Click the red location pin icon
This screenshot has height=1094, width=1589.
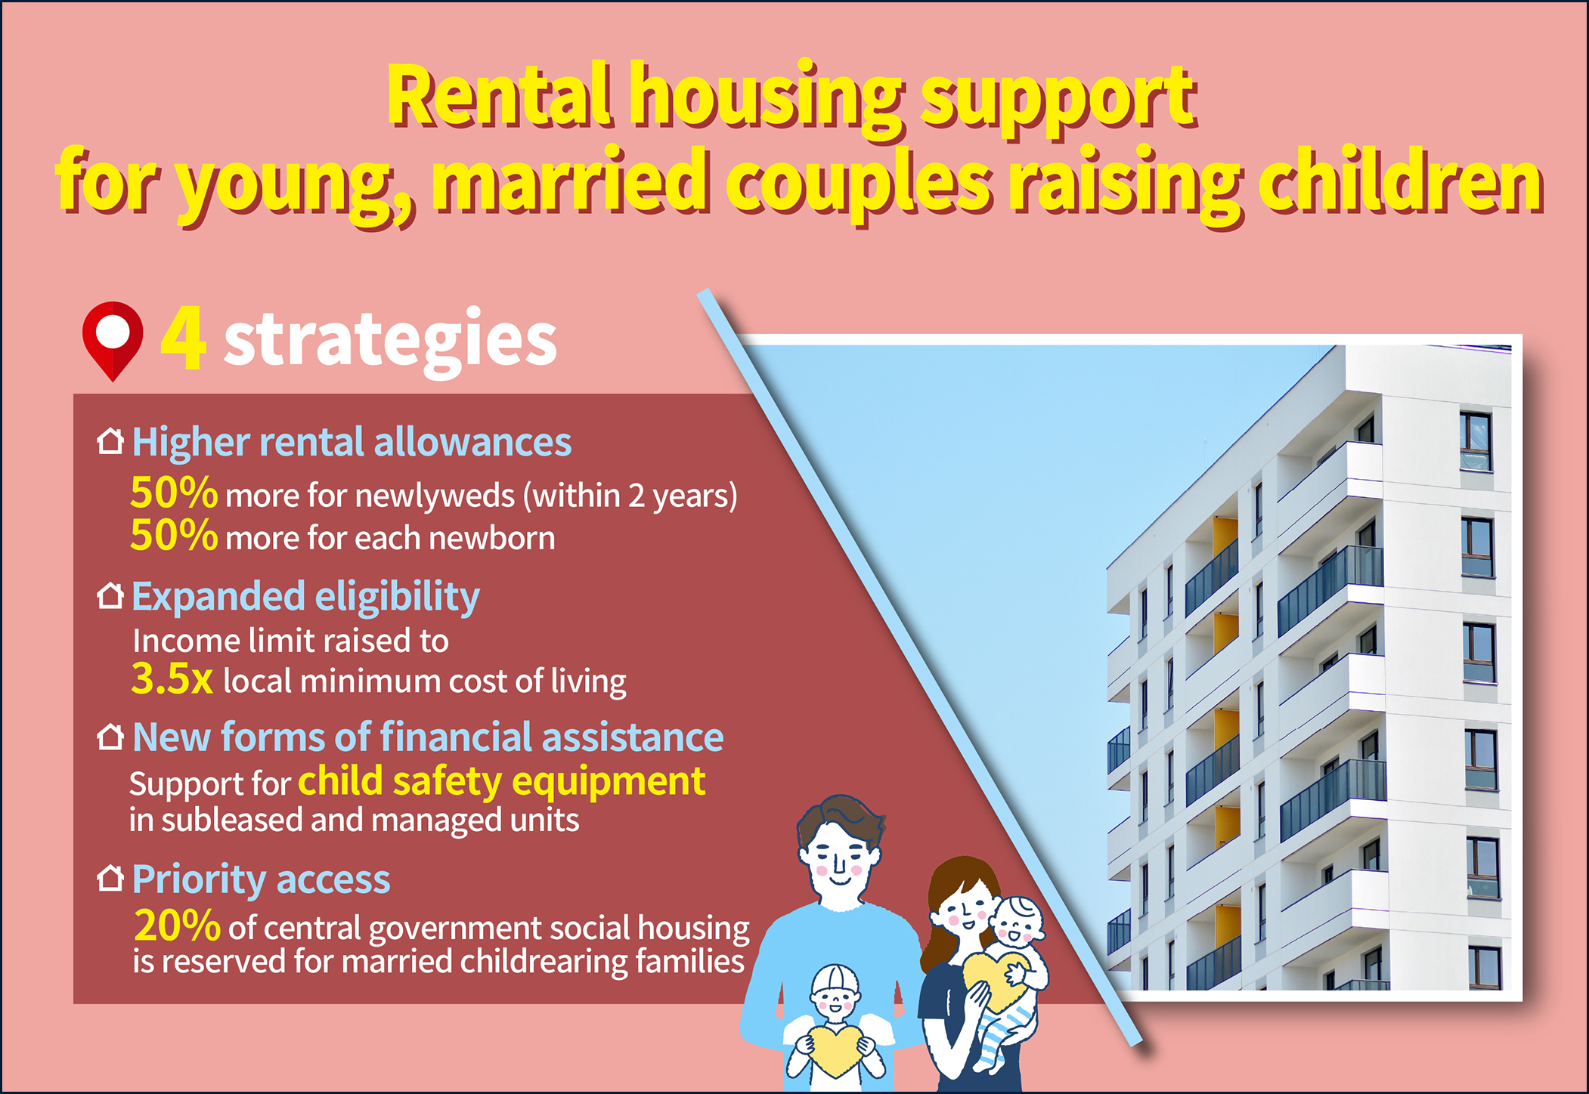(x=113, y=341)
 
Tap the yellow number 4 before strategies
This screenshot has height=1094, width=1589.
(x=183, y=338)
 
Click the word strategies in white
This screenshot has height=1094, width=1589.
(x=390, y=341)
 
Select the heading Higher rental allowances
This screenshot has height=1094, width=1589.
(x=352, y=443)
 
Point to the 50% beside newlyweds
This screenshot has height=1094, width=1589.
(x=174, y=493)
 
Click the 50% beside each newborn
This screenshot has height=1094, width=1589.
(x=174, y=536)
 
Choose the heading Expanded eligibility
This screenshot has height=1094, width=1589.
(x=305, y=598)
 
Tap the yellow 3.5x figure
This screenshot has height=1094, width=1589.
(x=172, y=678)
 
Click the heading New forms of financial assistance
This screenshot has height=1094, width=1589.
(x=428, y=737)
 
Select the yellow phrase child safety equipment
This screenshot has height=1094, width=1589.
(x=502, y=782)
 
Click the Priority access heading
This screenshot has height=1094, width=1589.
(x=261, y=880)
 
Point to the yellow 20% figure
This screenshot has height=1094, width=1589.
(x=177, y=926)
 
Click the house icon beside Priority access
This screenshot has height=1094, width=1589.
(x=110, y=878)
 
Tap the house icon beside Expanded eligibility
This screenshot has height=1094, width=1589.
(x=110, y=595)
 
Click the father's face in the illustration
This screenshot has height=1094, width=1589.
(x=839, y=861)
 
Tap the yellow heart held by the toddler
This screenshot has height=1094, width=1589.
(x=834, y=1048)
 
